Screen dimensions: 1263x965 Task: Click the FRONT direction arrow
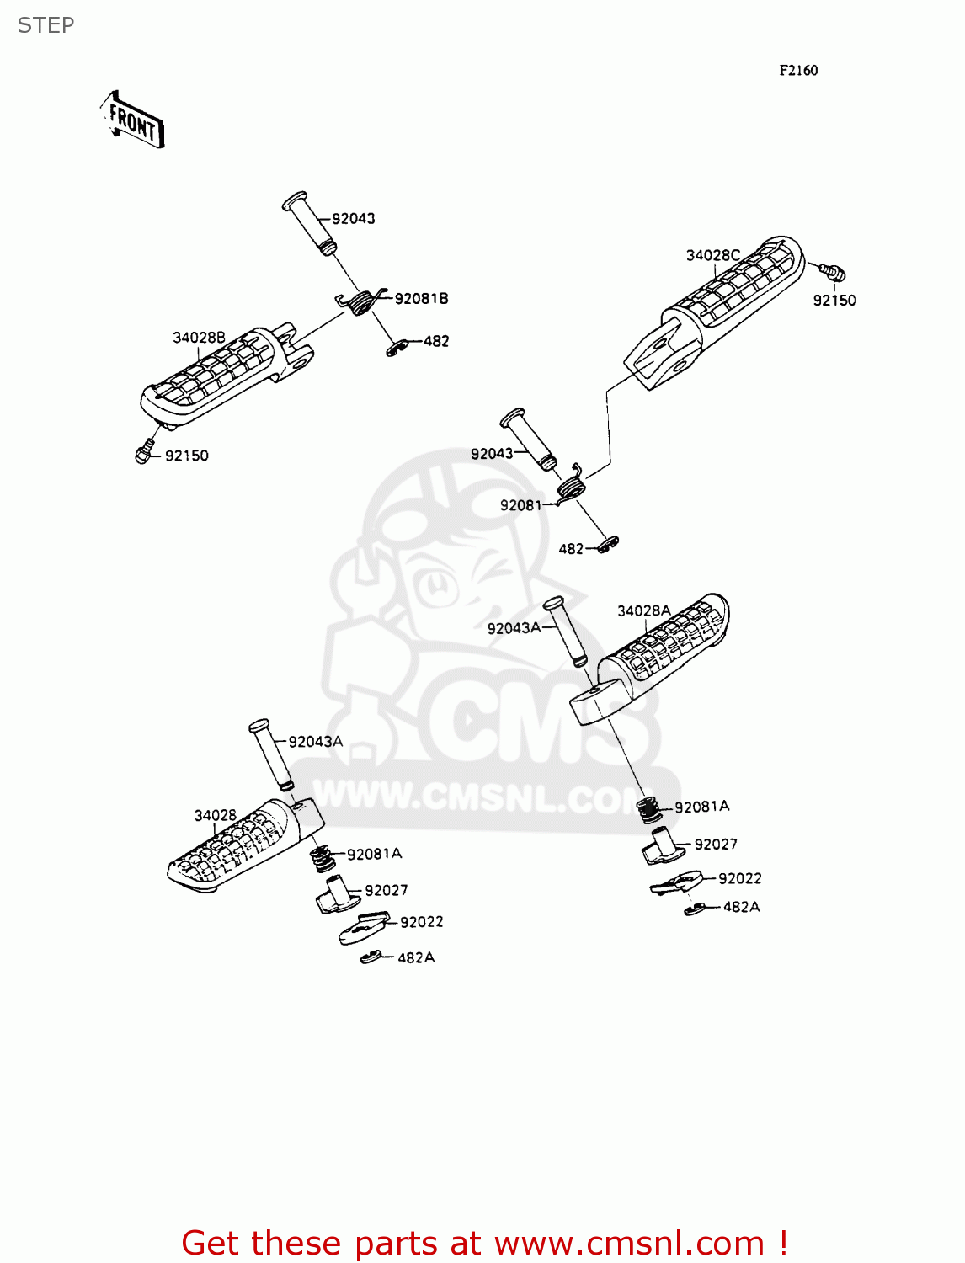(x=133, y=120)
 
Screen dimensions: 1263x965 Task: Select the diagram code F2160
(x=797, y=71)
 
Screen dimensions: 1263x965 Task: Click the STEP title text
(x=45, y=26)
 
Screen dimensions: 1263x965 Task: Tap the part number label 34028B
(x=199, y=338)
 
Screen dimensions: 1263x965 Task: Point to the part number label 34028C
(x=712, y=255)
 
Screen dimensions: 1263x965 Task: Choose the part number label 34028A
(x=643, y=610)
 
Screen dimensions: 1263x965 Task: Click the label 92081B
(x=421, y=299)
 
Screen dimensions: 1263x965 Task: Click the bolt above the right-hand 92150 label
(x=832, y=272)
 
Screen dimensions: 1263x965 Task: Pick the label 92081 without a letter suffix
(x=520, y=505)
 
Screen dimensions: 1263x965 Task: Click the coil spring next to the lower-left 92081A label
(x=323, y=859)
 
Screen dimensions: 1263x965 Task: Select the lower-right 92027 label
(x=716, y=845)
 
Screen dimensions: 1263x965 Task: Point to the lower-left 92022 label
(x=421, y=922)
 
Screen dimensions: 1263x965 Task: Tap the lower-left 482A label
(x=416, y=958)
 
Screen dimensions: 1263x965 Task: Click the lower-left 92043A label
(x=316, y=742)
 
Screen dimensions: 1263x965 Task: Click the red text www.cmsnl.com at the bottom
(x=628, y=1244)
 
